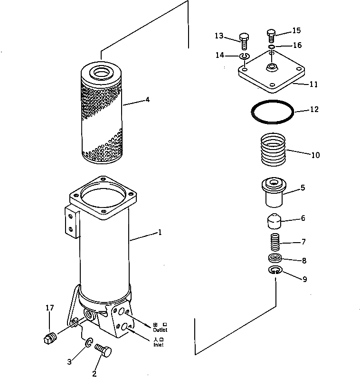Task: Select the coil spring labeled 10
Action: coord(274,149)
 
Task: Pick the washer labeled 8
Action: coord(275,258)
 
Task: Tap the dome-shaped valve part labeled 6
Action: coord(273,221)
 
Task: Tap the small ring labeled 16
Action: coord(271,47)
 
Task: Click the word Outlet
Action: coord(160,330)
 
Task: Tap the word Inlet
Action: coord(158,345)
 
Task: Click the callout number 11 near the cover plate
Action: coord(314,85)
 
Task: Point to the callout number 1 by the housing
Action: coord(160,233)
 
